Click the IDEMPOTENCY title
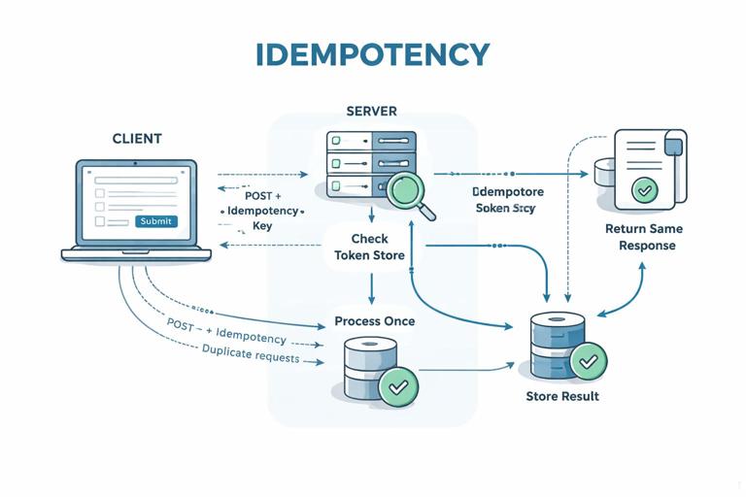[373, 54]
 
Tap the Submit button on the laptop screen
[155, 221]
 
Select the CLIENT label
[138, 140]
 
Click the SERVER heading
[371, 112]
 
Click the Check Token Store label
[369, 247]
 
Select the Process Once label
[374, 321]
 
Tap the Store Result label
[562, 396]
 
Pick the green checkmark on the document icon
[643, 189]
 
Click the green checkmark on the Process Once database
[398, 386]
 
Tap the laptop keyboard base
[136, 254]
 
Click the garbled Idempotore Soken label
[507, 200]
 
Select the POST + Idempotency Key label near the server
[262, 211]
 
